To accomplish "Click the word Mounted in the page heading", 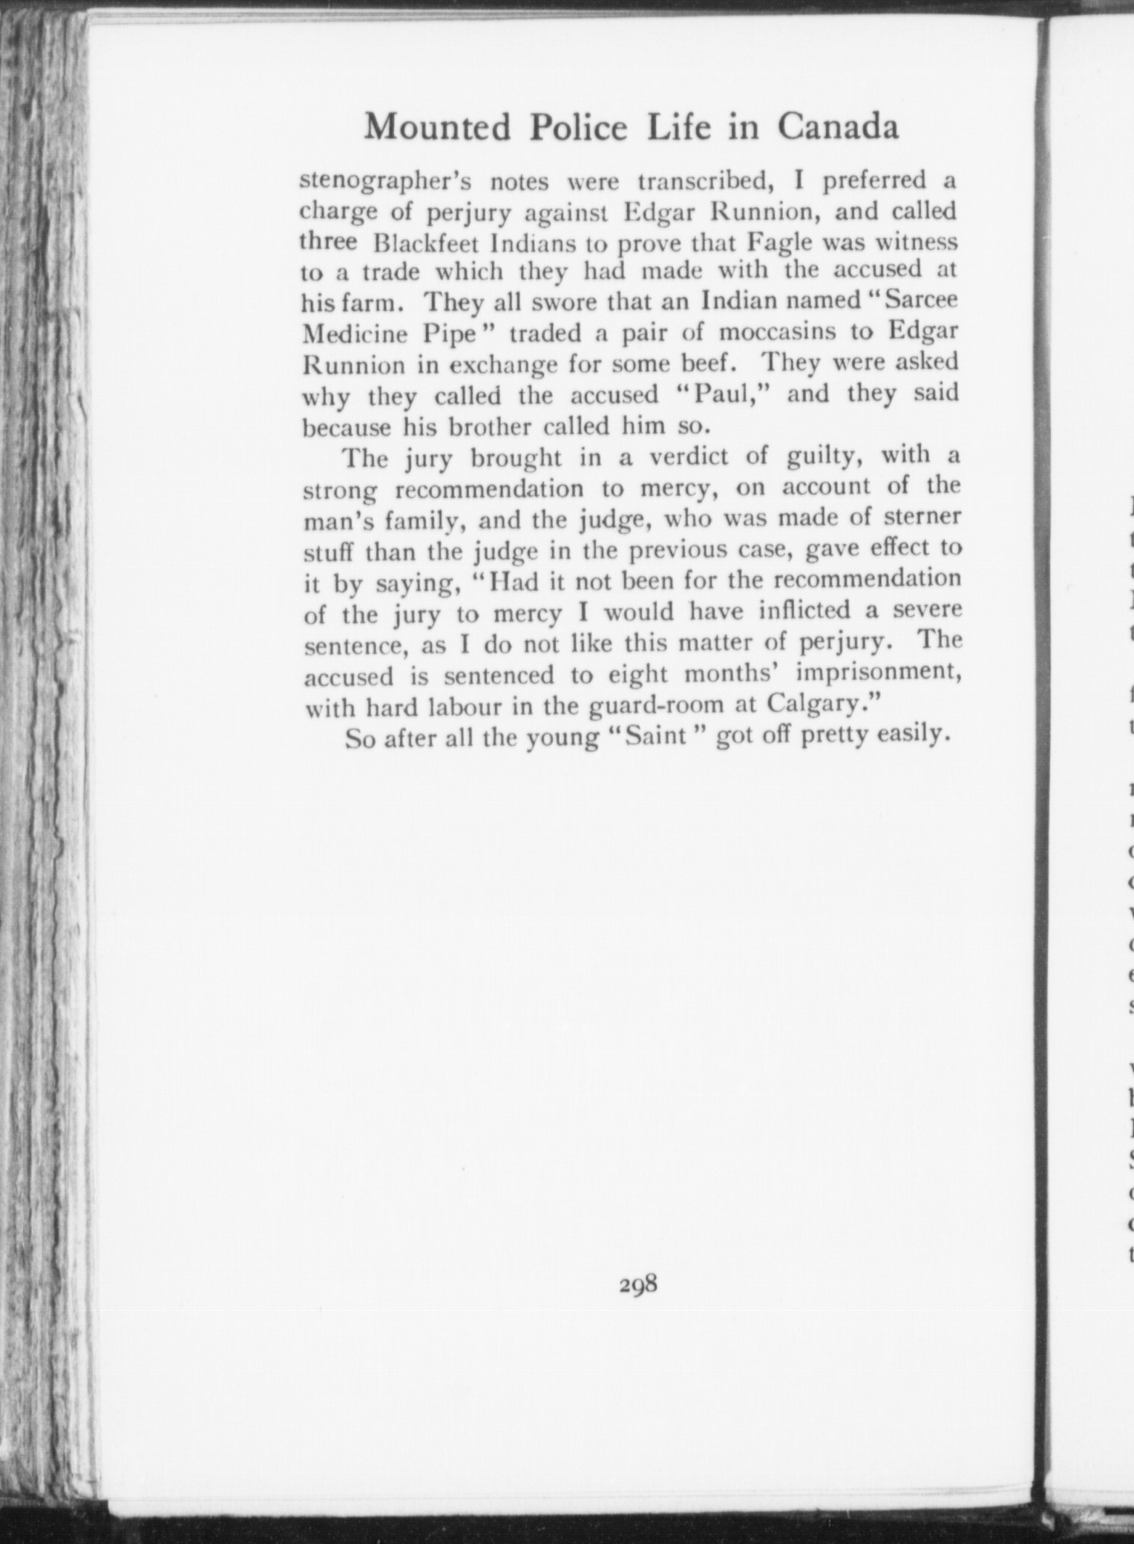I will (x=437, y=128).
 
